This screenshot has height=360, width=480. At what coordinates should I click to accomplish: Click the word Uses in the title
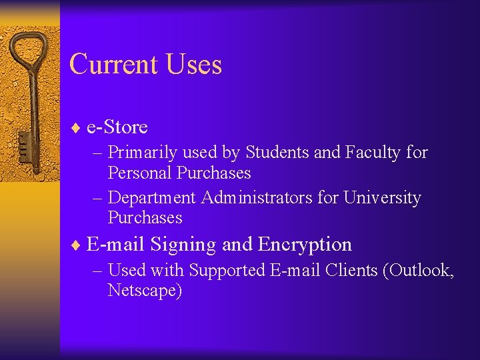click(194, 65)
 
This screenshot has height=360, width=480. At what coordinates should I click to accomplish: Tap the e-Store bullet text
click(117, 127)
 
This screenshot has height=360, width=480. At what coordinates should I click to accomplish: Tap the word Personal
click(140, 173)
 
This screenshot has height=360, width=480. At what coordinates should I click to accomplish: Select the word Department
click(152, 198)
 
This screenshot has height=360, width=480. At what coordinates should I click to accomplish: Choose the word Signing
click(183, 245)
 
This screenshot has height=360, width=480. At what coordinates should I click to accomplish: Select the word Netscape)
click(145, 291)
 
